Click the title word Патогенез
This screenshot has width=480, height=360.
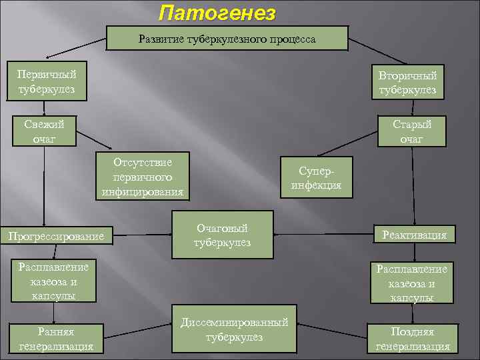click(217, 13)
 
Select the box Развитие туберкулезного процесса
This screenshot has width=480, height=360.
click(227, 39)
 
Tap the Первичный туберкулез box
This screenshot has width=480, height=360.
click(46, 81)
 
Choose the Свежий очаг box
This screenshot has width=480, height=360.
click(44, 131)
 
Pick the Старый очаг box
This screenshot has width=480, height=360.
click(411, 131)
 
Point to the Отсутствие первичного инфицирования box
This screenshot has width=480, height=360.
click(143, 178)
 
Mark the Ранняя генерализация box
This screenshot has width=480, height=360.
click(56, 339)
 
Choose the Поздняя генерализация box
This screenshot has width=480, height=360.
click(413, 339)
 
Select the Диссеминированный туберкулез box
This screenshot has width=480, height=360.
click(235, 330)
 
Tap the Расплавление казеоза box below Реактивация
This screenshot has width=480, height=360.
click(412, 283)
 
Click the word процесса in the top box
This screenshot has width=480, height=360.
click(293, 39)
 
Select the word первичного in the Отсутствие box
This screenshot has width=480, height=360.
click(143, 178)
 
